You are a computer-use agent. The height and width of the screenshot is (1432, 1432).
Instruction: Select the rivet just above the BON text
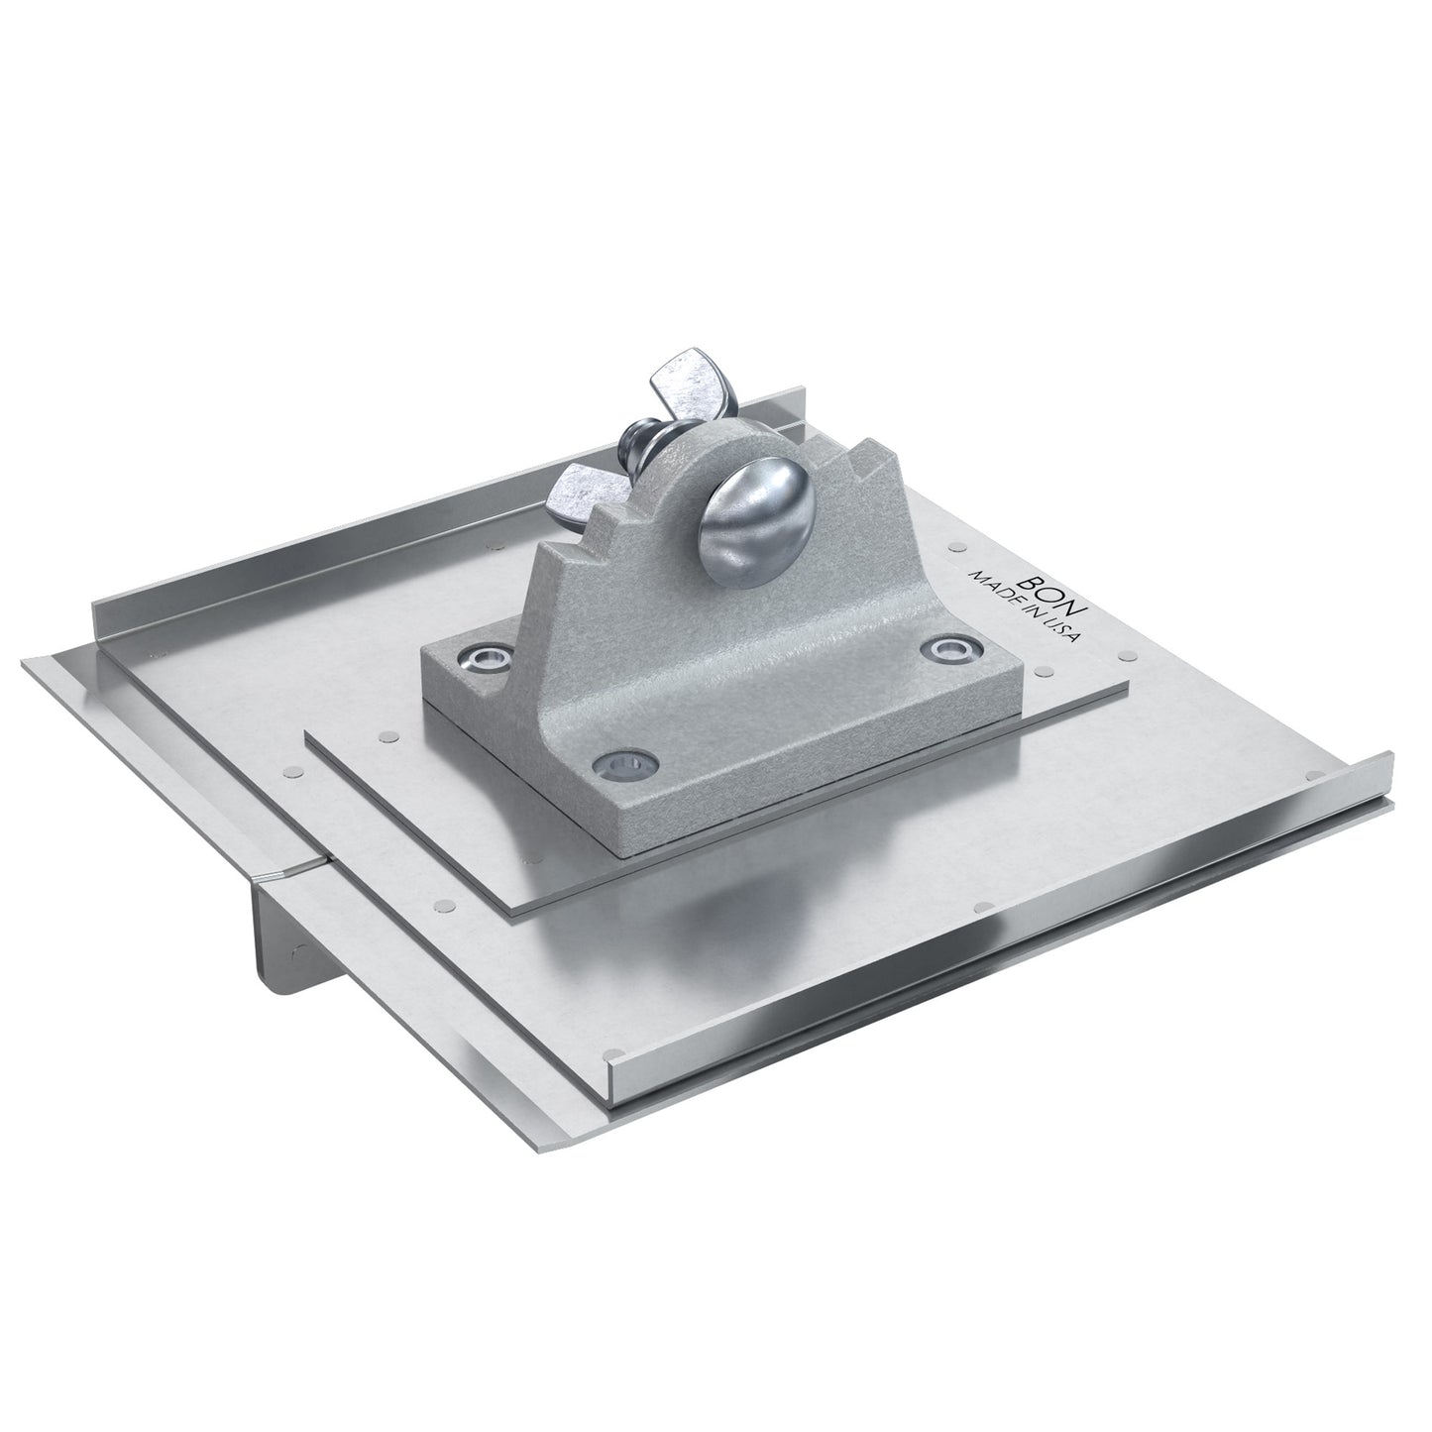pos(956,545)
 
